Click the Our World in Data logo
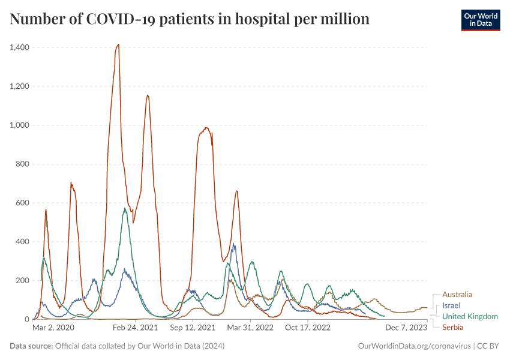pos(480,20)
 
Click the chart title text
pos(190,19)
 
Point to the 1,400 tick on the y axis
pos(20,47)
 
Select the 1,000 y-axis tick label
pos(20,125)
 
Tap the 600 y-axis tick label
pos(23,203)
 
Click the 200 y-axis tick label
pos(23,281)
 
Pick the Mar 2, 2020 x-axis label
pos(53,328)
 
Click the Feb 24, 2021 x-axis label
pos(134,328)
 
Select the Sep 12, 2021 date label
pos(192,328)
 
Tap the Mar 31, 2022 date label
pos(251,328)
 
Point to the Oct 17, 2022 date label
pos(308,328)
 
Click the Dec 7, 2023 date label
pos(406,328)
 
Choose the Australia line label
pos(457,295)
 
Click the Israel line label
pos(451,305)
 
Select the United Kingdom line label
pos(470,316)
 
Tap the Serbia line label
pos(453,327)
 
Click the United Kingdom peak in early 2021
pos(125,209)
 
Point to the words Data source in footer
pos(31,346)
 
